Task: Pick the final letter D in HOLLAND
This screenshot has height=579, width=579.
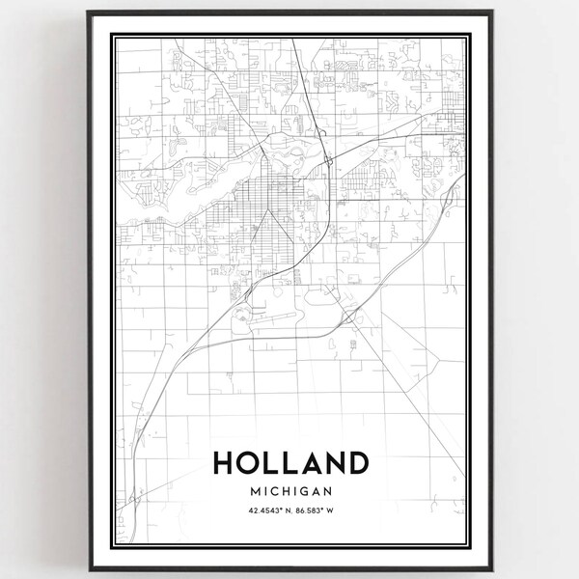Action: click(x=355, y=464)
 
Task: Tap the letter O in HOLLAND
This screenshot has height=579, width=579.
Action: click(x=250, y=464)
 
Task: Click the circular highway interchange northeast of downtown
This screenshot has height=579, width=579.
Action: click(x=329, y=159)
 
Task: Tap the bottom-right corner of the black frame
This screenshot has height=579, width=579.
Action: click(x=490, y=567)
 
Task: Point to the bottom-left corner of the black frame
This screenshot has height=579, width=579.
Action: click(x=89, y=567)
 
